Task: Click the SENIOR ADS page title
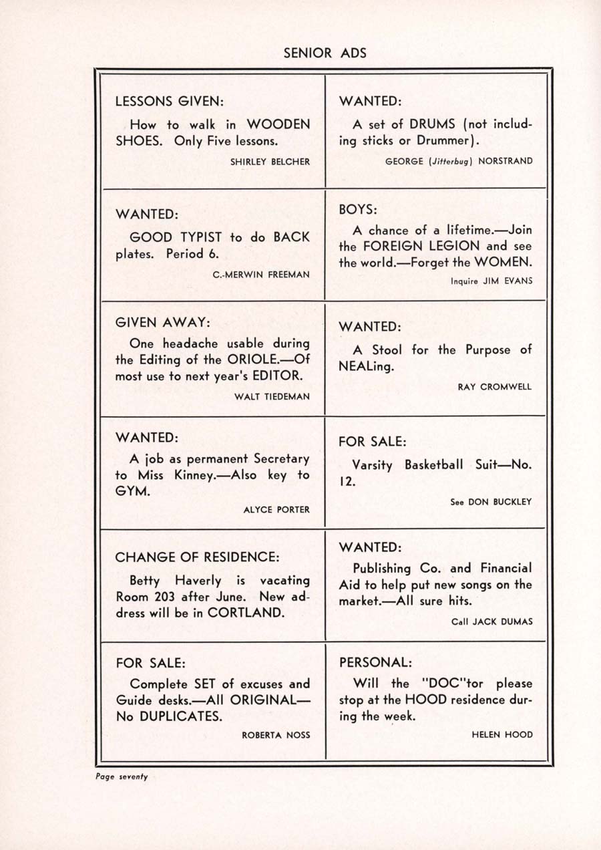point(325,53)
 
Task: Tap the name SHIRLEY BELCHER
point(270,162)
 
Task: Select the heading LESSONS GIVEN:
point(169,102)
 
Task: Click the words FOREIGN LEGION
point(417,246)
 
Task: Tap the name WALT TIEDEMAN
point(272,396)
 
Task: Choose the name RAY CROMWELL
point(495,387)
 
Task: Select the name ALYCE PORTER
point(276,509)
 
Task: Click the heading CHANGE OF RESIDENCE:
point(197,557)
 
